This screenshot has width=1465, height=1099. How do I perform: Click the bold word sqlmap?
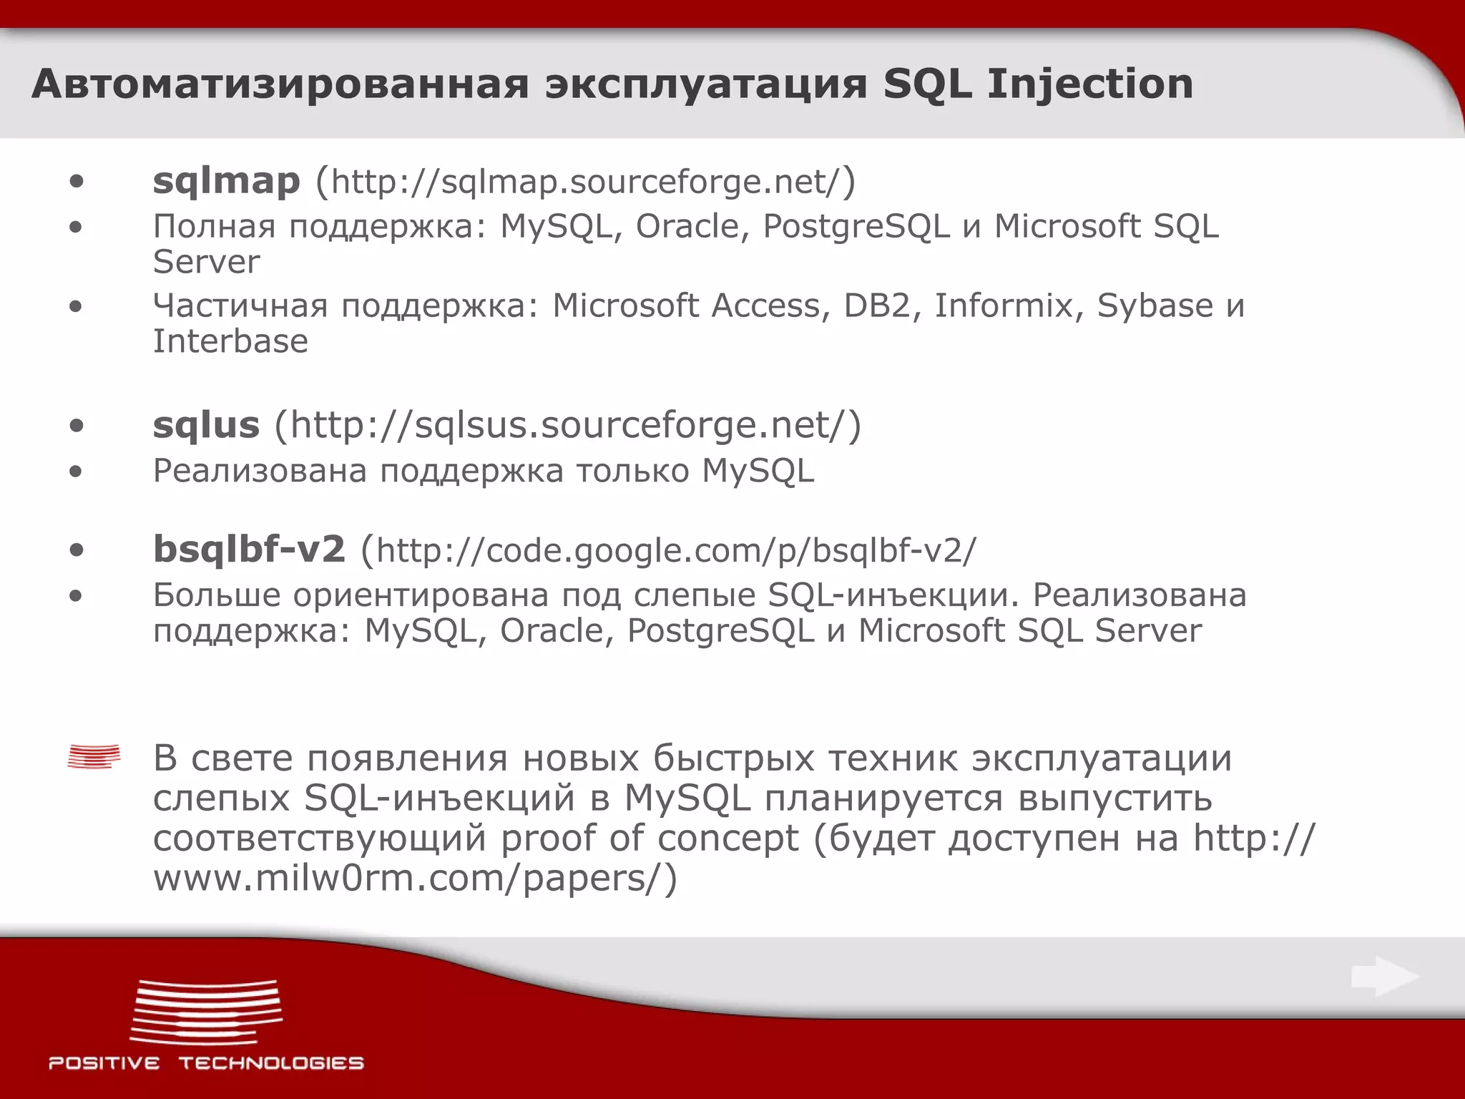[226, 182]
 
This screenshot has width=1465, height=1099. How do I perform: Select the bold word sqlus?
[206, 426]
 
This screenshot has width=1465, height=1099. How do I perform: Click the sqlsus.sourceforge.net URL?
[568, 426]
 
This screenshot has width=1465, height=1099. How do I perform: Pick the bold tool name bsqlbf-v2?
[249, 549]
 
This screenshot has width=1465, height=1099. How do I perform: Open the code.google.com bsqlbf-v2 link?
[675, 551]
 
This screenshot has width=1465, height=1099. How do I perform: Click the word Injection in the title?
[1090, 84]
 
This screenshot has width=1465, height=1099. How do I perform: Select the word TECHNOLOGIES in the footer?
[271, 1063]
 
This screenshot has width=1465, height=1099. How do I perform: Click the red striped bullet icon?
[94, 757]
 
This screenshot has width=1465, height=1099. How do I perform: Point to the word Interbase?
[230, 341]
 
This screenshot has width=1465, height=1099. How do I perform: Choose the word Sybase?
[1155, 306]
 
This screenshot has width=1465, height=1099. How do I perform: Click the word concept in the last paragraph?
[727, 839]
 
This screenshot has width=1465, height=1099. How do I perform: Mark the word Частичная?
[240, 306]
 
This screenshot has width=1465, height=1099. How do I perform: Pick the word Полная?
[214, 227]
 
